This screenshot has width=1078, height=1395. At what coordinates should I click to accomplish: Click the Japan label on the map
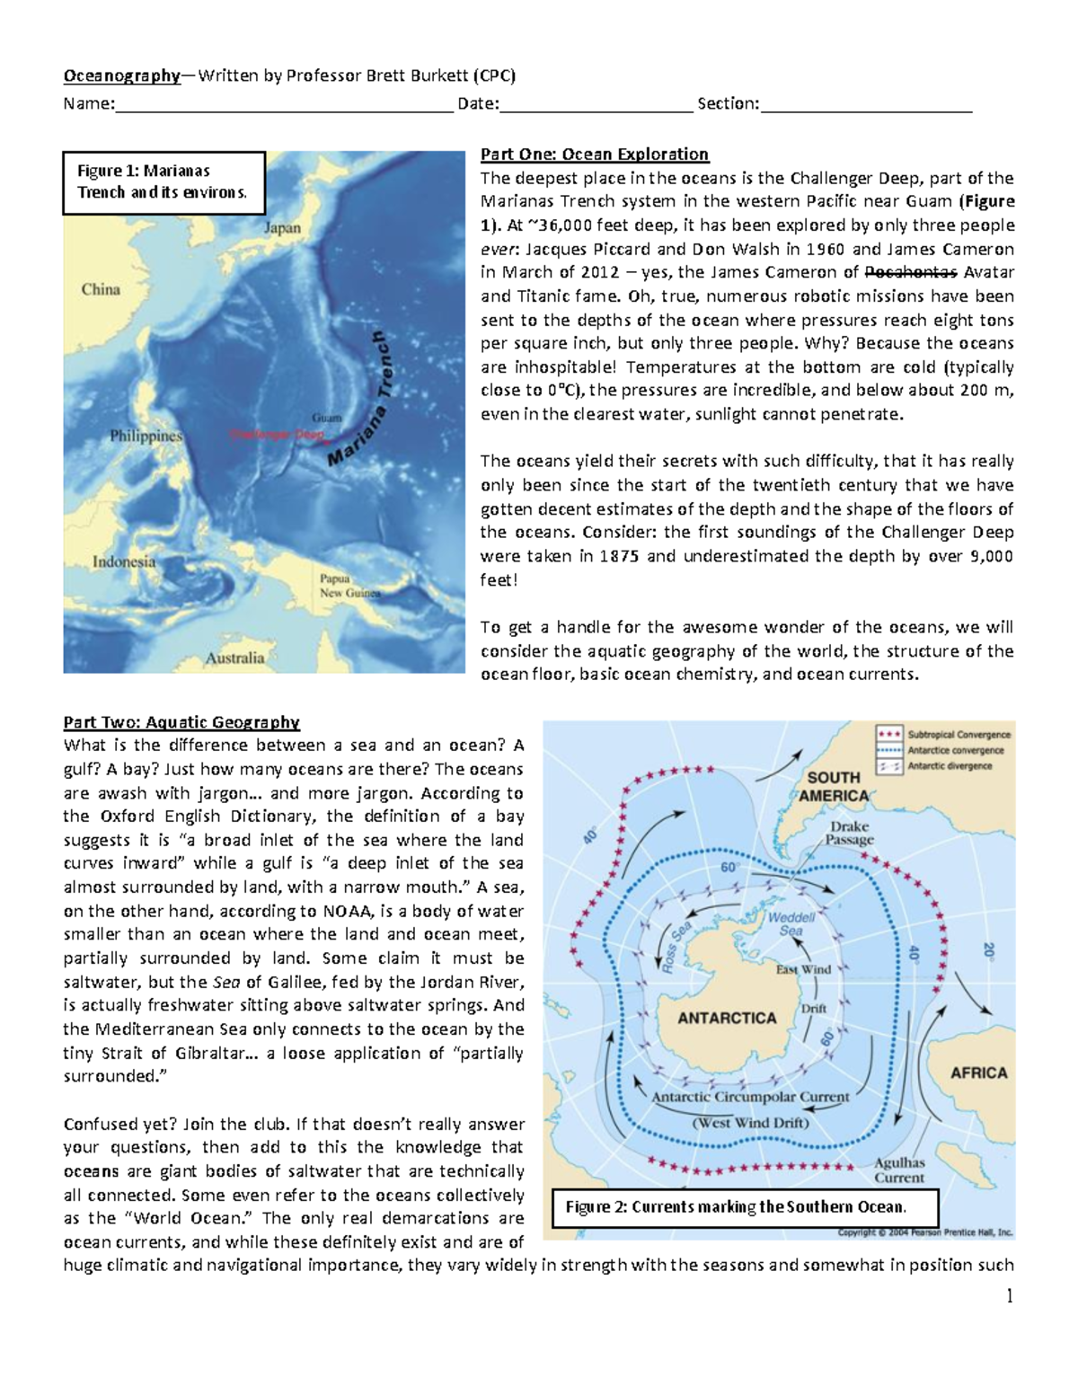tap(282, 228)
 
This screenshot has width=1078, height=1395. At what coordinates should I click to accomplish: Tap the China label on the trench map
tap(101, 289)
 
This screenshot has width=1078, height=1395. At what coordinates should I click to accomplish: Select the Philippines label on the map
tap(146, 436)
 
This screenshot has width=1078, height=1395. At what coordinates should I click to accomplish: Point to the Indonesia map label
tap(124, 562)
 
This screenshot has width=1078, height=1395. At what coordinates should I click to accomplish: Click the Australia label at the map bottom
tap(235, 658)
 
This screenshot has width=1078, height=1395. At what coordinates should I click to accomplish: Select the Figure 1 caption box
tap(163, 182)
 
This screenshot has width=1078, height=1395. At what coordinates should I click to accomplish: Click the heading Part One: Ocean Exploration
tap(595, 154)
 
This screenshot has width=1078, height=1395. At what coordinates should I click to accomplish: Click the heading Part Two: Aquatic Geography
tap(181, 722)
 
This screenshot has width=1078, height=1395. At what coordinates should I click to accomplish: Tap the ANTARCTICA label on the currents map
tap(727, 1018)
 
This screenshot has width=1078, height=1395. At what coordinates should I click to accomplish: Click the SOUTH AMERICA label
tap(834, 786)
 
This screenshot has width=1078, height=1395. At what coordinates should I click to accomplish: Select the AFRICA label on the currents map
tap(978, 1073)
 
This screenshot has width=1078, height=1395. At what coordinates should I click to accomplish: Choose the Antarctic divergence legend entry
tap(950, 766)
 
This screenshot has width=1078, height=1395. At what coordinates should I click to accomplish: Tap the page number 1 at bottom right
tap(1009, 1296)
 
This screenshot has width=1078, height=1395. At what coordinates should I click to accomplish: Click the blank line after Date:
tap(596, 104)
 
